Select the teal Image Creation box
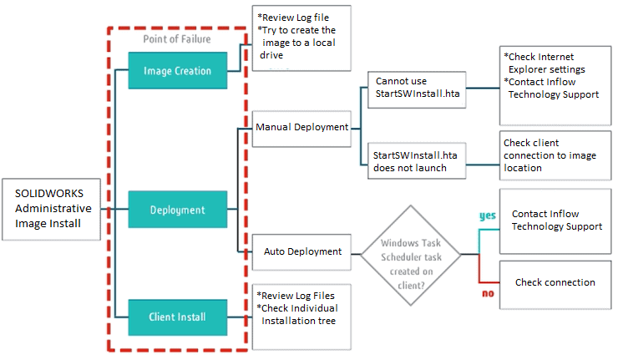coord(176,71)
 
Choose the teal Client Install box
coord(176,317)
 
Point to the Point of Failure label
coord(177,39)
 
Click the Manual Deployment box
coord(301,129)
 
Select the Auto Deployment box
coord(301,251)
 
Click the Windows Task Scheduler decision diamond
coord(410,251)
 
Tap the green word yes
coord(487,215)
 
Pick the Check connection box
coord(555,282)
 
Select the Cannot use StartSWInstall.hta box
coord(416,88)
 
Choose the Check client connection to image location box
coord(554,155)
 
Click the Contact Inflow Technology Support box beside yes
coord(555,221)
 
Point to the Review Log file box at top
coord(301,38)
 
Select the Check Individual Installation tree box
coord(301,307)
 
